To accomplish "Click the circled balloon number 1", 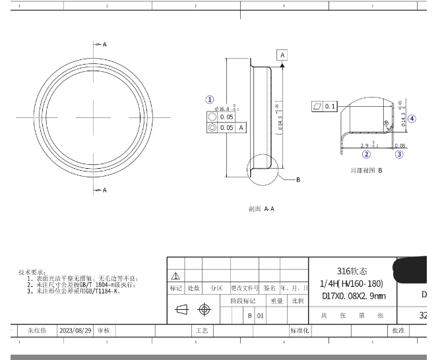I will point(210,100).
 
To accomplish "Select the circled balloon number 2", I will point(366,154).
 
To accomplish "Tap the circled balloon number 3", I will point(399,154).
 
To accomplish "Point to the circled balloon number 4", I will point(412,119).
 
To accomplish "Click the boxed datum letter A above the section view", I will point(282,55).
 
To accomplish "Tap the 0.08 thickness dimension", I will point(400,146).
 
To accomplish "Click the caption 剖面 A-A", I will point(261,209).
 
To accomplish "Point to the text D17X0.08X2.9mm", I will point(353,296).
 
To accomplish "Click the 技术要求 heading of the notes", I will point(32,272).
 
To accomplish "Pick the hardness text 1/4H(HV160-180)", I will point(352,284).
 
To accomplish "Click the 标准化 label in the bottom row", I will point(299,330).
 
